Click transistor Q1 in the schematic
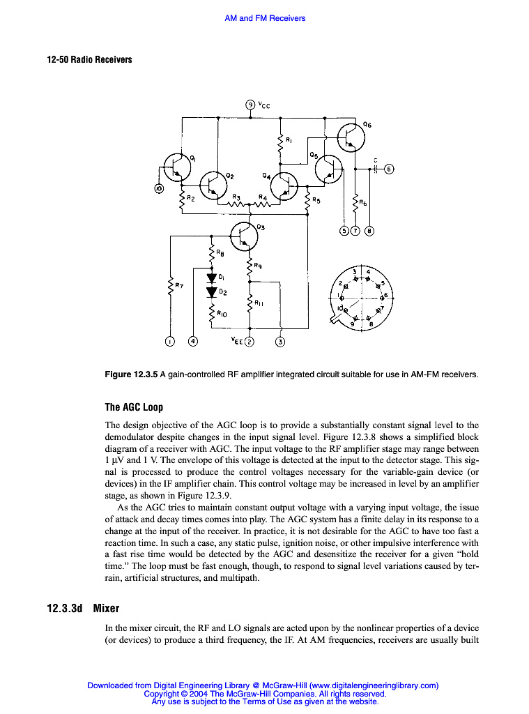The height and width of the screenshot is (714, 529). click(176, 165)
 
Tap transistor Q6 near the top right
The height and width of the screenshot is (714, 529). click(351, 138)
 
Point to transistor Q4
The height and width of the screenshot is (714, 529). click(284, 185)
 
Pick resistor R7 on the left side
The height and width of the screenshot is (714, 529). click(169, 286)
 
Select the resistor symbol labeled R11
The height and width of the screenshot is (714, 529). click(250, 303)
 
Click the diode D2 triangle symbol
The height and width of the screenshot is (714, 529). click(212, 291)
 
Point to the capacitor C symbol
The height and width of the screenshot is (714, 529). click(375, 168)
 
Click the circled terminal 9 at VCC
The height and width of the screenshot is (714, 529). click(251, 105)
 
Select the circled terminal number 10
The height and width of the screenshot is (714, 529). click(159, 188)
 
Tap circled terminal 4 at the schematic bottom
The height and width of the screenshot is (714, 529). click(193, 342)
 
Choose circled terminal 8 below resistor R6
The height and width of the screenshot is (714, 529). click(369, 231)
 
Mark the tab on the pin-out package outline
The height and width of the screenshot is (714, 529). click(337, 319)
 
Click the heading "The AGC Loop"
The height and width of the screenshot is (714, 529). click(134, 407)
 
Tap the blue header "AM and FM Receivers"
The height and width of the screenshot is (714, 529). click(265, 18)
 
